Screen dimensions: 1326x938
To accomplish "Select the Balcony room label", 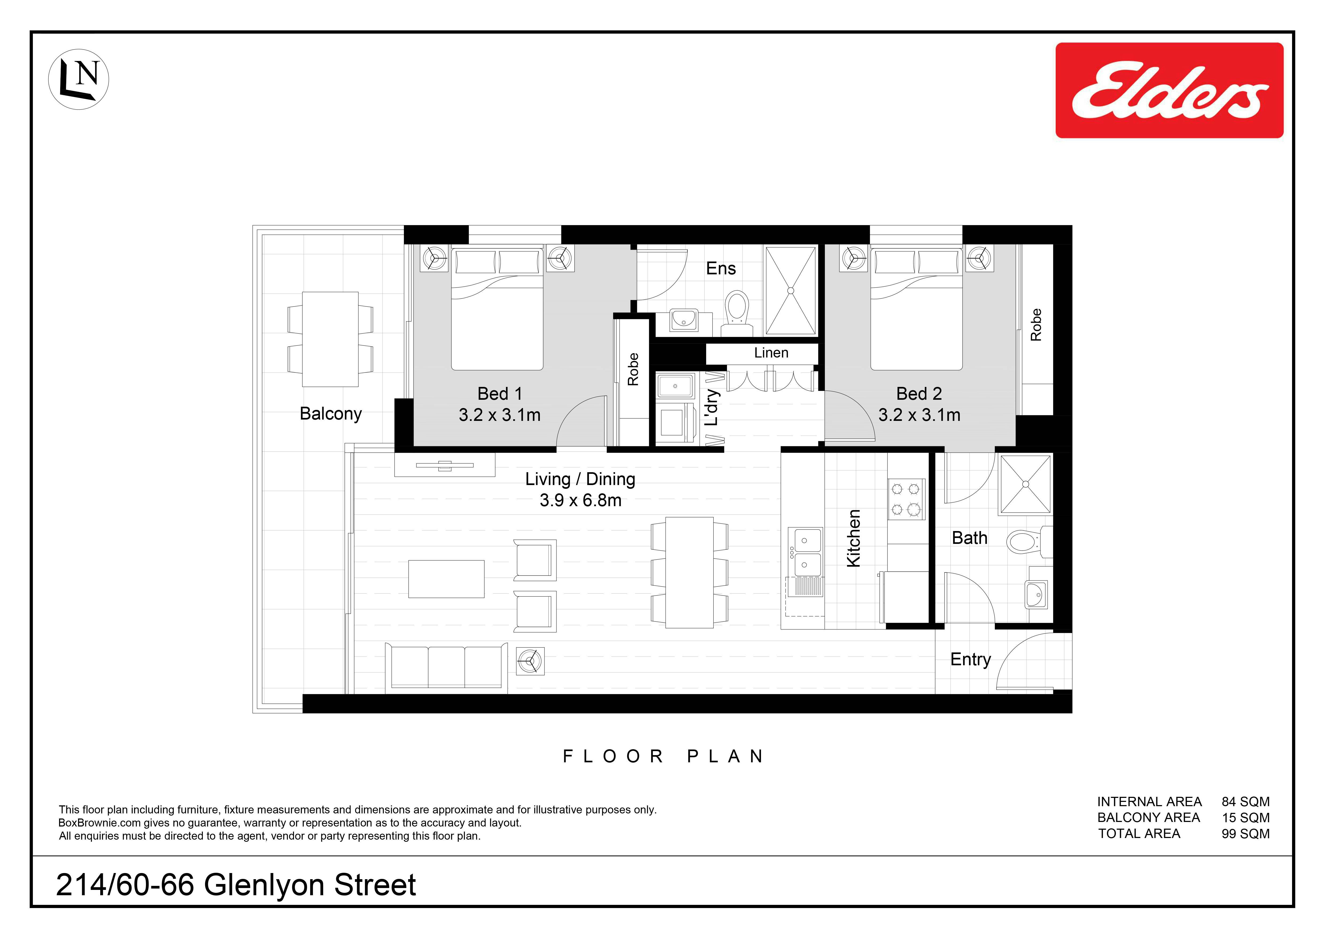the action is pos(331,414).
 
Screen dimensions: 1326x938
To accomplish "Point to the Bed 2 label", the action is pos(919,394).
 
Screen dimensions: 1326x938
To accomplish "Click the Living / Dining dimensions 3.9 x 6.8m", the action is pos(581,500).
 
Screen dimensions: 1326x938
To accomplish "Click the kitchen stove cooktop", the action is pos(906,499).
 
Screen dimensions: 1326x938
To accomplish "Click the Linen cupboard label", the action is pos(771,353).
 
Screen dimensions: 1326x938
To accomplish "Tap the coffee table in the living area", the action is pos(446,579).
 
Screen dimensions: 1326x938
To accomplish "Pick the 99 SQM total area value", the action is pos(1246,834).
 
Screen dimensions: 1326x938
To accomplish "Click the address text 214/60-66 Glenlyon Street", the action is pos(236,885).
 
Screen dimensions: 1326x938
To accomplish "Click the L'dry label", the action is pos(712,407).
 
